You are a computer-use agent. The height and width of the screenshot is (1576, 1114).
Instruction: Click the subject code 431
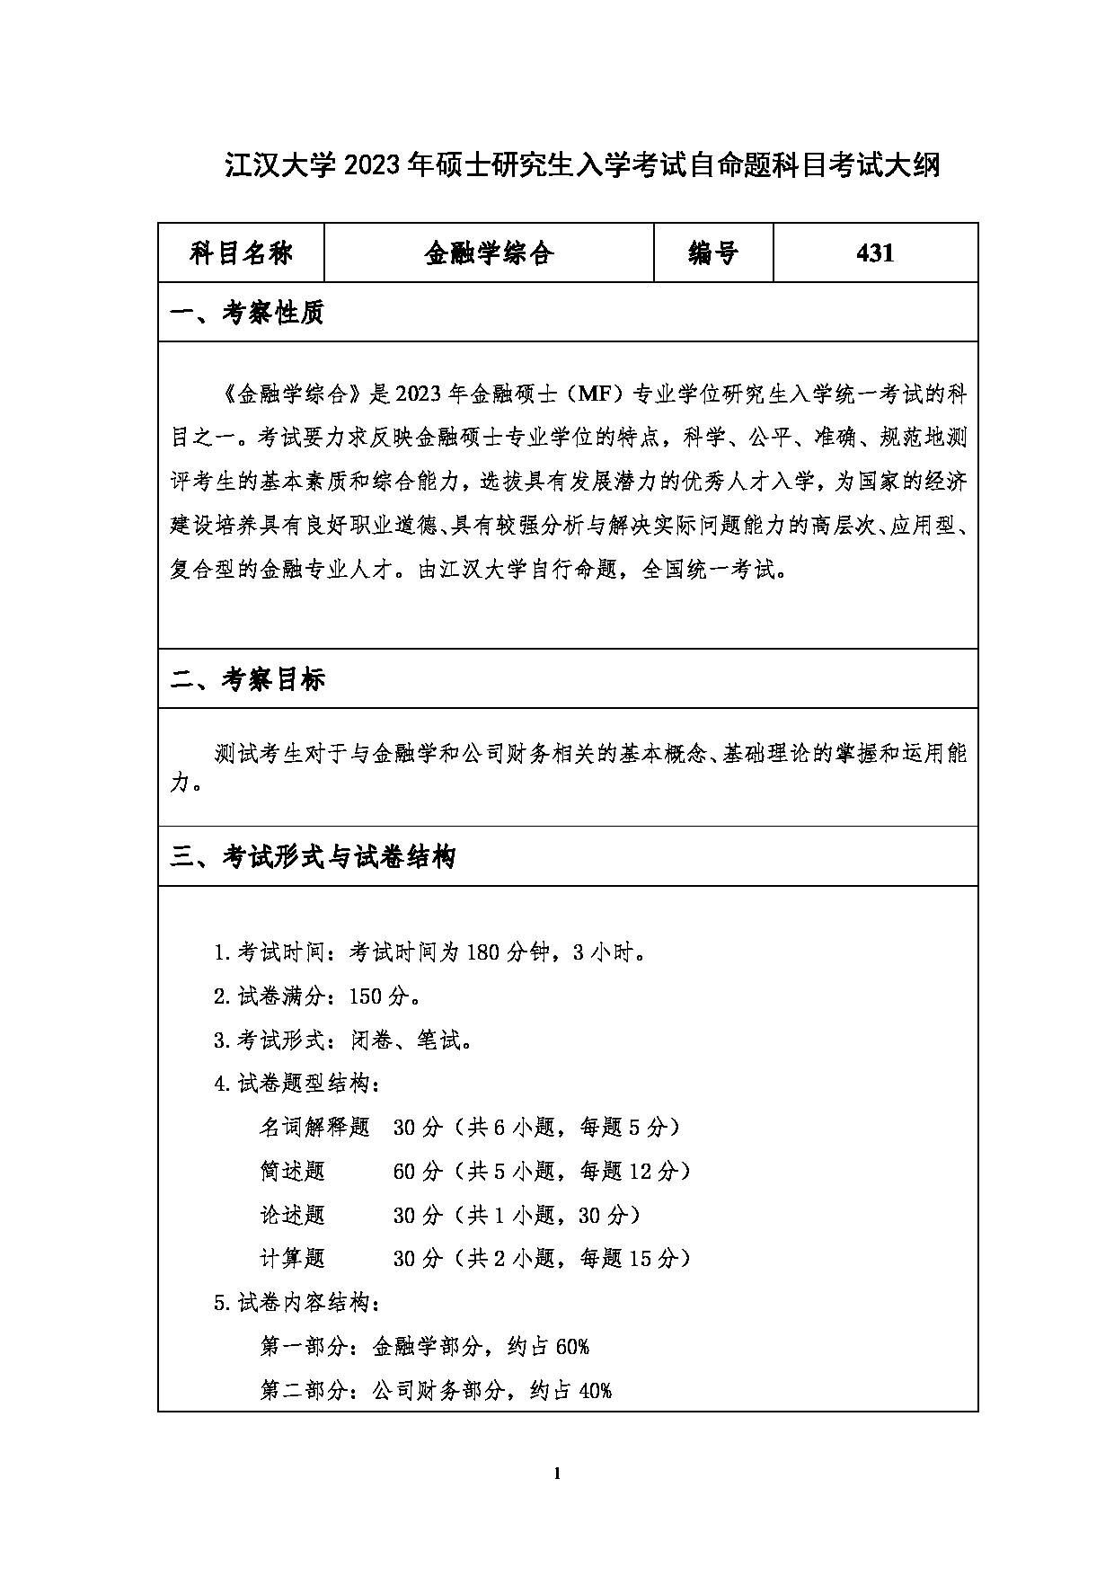click(x=875, y=253)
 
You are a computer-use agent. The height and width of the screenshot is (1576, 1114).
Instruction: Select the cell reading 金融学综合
click(x=489, y=253)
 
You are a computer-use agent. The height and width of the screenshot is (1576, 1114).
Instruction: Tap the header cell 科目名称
click(x=241, y=253)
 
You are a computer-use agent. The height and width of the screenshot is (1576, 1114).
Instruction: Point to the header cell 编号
click(x=713, y=253)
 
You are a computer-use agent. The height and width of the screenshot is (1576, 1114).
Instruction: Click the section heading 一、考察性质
click(x=247, y=313)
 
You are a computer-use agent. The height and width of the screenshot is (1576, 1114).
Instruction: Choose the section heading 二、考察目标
click(x=247, y=679)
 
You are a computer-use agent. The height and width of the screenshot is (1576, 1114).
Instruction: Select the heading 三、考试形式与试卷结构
click(x=314, y=856)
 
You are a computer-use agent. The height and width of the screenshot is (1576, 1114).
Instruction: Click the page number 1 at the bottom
click(x=558, y=1473)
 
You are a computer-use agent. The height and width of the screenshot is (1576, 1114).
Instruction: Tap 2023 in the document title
click(x=371, y=165)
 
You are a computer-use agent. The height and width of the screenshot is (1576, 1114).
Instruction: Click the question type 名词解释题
click(x=314, y=1128)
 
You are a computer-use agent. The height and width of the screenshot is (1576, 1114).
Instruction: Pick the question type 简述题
click(x=292, y=1172)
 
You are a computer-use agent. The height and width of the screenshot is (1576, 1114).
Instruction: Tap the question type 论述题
click(x=292, y=1216)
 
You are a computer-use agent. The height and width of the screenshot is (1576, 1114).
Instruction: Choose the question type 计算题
click(x=292, y=1259)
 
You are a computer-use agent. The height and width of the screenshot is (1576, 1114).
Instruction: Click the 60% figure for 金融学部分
click(x=572, y=1347)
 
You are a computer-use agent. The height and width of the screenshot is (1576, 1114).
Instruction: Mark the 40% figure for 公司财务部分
click(x=595, y=1391)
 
